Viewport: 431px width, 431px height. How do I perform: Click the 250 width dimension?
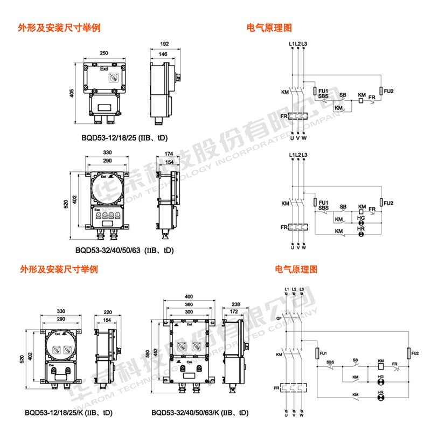point(104,53)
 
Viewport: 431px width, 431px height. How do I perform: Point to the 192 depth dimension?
point(164,44)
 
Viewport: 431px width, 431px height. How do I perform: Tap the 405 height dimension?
point(71,93)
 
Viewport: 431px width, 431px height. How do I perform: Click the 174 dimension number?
point(169,154)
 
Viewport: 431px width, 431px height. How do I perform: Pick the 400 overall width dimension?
point(188,297)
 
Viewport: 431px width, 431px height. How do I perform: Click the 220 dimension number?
point(107,311)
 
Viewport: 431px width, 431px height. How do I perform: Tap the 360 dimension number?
point(188,305)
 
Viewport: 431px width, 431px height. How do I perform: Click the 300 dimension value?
point(188,312)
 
